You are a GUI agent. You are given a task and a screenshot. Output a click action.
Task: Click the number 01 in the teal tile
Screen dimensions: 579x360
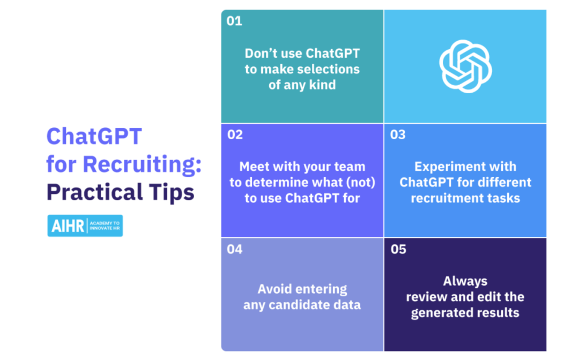pos(234,21)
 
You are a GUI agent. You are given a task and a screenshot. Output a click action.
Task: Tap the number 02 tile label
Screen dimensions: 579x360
pos(235,134)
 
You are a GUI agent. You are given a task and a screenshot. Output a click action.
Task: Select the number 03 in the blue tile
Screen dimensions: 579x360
pos(398,134)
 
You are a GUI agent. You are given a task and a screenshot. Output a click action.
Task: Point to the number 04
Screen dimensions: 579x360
pos(234,249)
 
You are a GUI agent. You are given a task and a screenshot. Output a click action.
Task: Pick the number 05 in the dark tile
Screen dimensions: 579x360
pos(398,249)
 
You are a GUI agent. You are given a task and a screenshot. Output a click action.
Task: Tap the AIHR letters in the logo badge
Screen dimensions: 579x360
pos(68,226)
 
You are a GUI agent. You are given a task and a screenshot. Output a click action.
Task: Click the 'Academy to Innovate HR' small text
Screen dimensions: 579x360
pos(105,226)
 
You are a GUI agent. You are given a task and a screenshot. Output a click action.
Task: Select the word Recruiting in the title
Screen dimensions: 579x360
pos(142,164)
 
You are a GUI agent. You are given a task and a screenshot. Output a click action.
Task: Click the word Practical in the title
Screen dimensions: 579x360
pos(94,192)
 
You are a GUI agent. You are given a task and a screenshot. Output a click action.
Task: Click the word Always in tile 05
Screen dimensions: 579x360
pos(465,281)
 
